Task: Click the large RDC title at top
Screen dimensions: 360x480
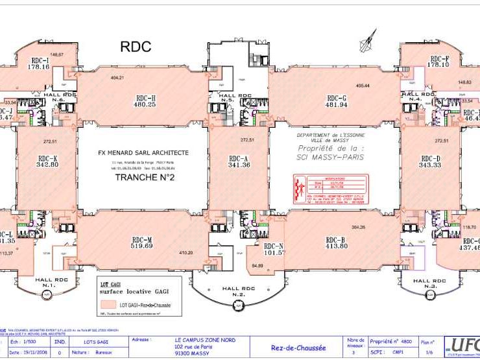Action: pos(136,47)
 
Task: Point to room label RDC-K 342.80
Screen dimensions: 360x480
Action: pos(47,162)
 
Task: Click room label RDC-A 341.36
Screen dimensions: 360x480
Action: pos(239,162)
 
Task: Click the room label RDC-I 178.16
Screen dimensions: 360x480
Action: pos(39,63)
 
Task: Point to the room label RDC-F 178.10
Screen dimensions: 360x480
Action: pos(439,62)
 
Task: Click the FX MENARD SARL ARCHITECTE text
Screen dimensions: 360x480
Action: pos(143,153)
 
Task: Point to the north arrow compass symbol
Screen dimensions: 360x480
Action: pos(368,39)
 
